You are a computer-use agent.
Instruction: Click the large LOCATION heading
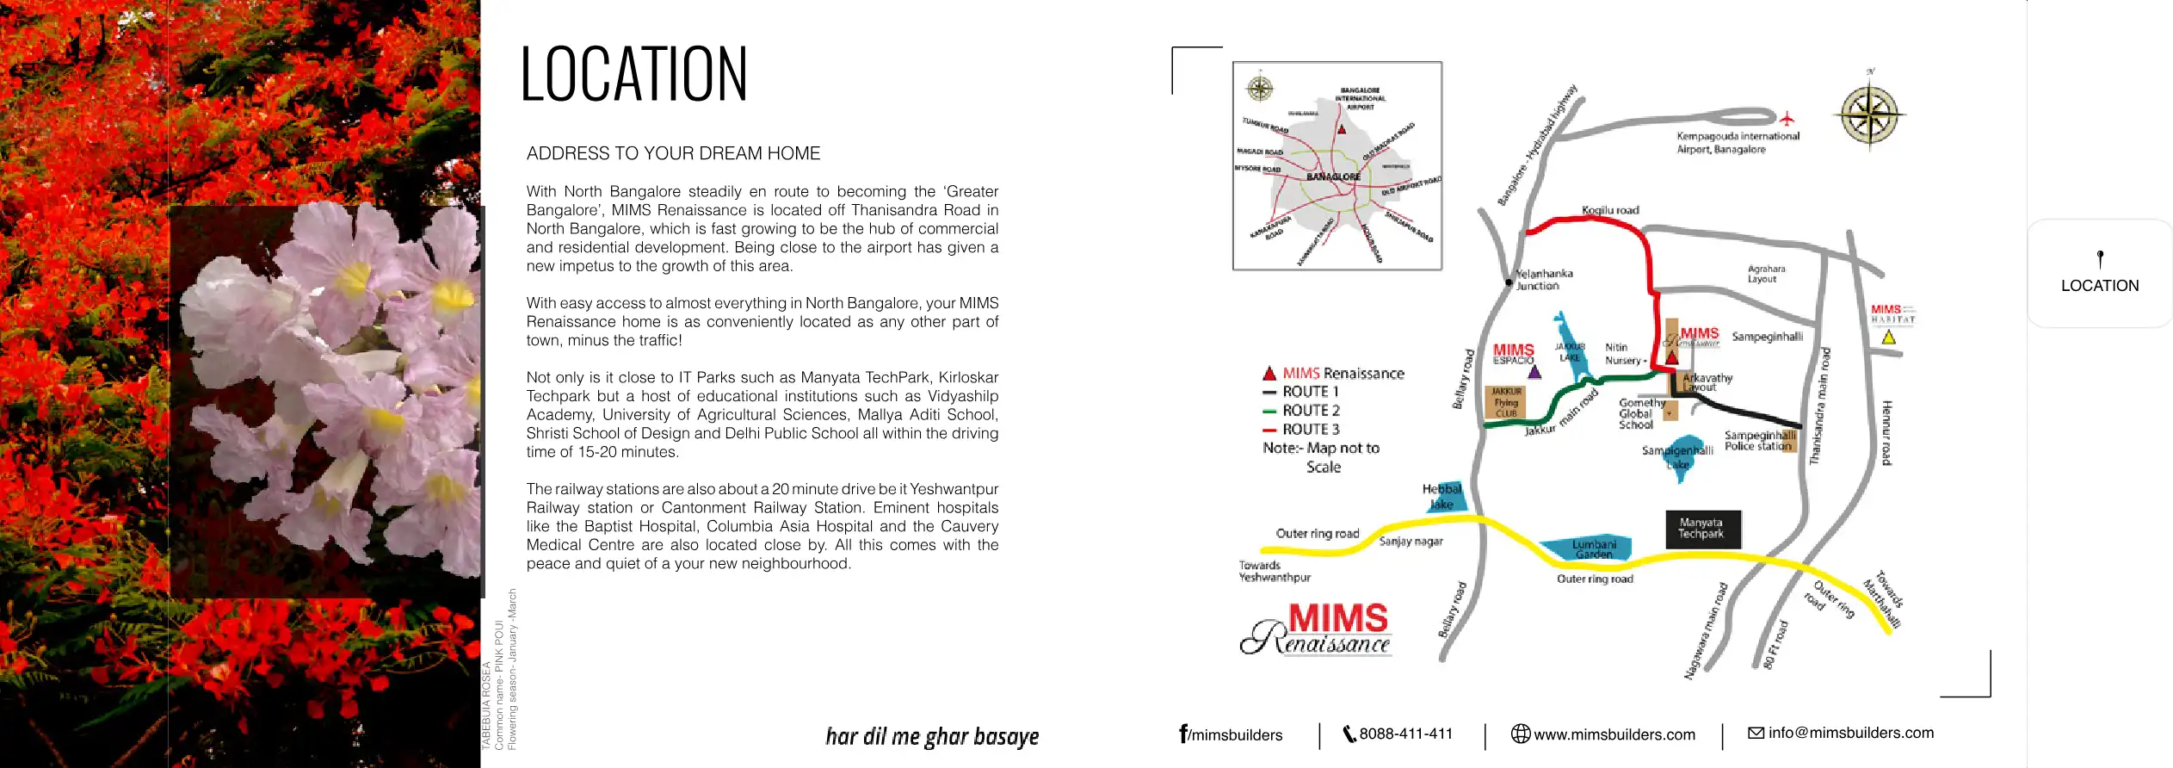tap(634, 75)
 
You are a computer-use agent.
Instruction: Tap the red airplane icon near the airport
tap(1787, 118)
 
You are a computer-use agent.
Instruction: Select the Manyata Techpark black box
tap(1701, 529)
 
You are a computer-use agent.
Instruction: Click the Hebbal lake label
tap(1441, 497)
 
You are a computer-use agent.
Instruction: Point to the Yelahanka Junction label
tap(1543, 280)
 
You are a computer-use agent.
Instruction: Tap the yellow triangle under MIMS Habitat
tap(1888, 338)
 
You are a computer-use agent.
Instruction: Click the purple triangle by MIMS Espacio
tap(1534, 373)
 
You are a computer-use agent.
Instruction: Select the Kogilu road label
tap(1610, 210)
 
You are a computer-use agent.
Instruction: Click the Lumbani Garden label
tap(1594, 549)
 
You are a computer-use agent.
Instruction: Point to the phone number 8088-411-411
tap(1404, 734)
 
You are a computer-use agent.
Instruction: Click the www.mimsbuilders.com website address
tap(1614, 735)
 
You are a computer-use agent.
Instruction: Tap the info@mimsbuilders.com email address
tap(1850, 734)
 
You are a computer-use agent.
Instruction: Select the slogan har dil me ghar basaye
tap(932, 737)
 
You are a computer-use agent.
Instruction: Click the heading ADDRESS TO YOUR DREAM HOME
tap(673, 154)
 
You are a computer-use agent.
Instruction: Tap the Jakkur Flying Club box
tap(1505, 402)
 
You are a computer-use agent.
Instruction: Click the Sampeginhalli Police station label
tap(1758, 441)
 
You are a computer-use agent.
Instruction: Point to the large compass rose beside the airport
tap(1869, 115)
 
